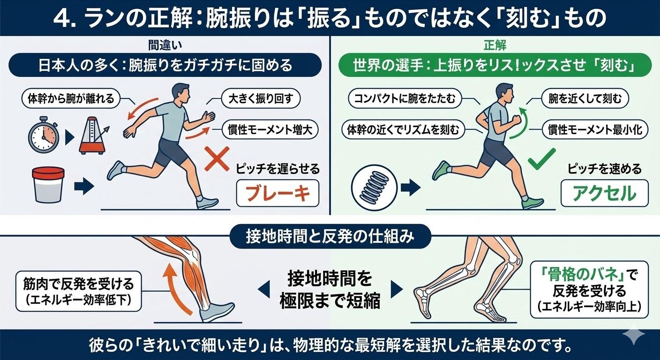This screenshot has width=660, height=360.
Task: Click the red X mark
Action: tap(217, 159)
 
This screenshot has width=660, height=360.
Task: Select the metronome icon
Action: tap(93, 135)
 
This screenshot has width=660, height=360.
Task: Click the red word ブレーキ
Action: tap(277, 193)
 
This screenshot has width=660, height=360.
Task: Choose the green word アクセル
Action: tap(604, 193)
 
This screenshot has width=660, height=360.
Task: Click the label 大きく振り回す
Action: tap(261, 98)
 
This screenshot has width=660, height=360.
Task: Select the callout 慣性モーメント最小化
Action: tap(595, 130)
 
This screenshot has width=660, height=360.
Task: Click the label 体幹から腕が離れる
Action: tap(71, 98)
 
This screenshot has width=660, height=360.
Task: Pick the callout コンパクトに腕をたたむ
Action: tap(405, 98)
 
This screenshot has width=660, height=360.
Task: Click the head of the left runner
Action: tap(180, 93)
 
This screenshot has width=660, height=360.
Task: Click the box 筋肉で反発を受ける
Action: tap(78, 291)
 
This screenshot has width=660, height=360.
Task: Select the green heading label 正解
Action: tap(495, 45)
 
